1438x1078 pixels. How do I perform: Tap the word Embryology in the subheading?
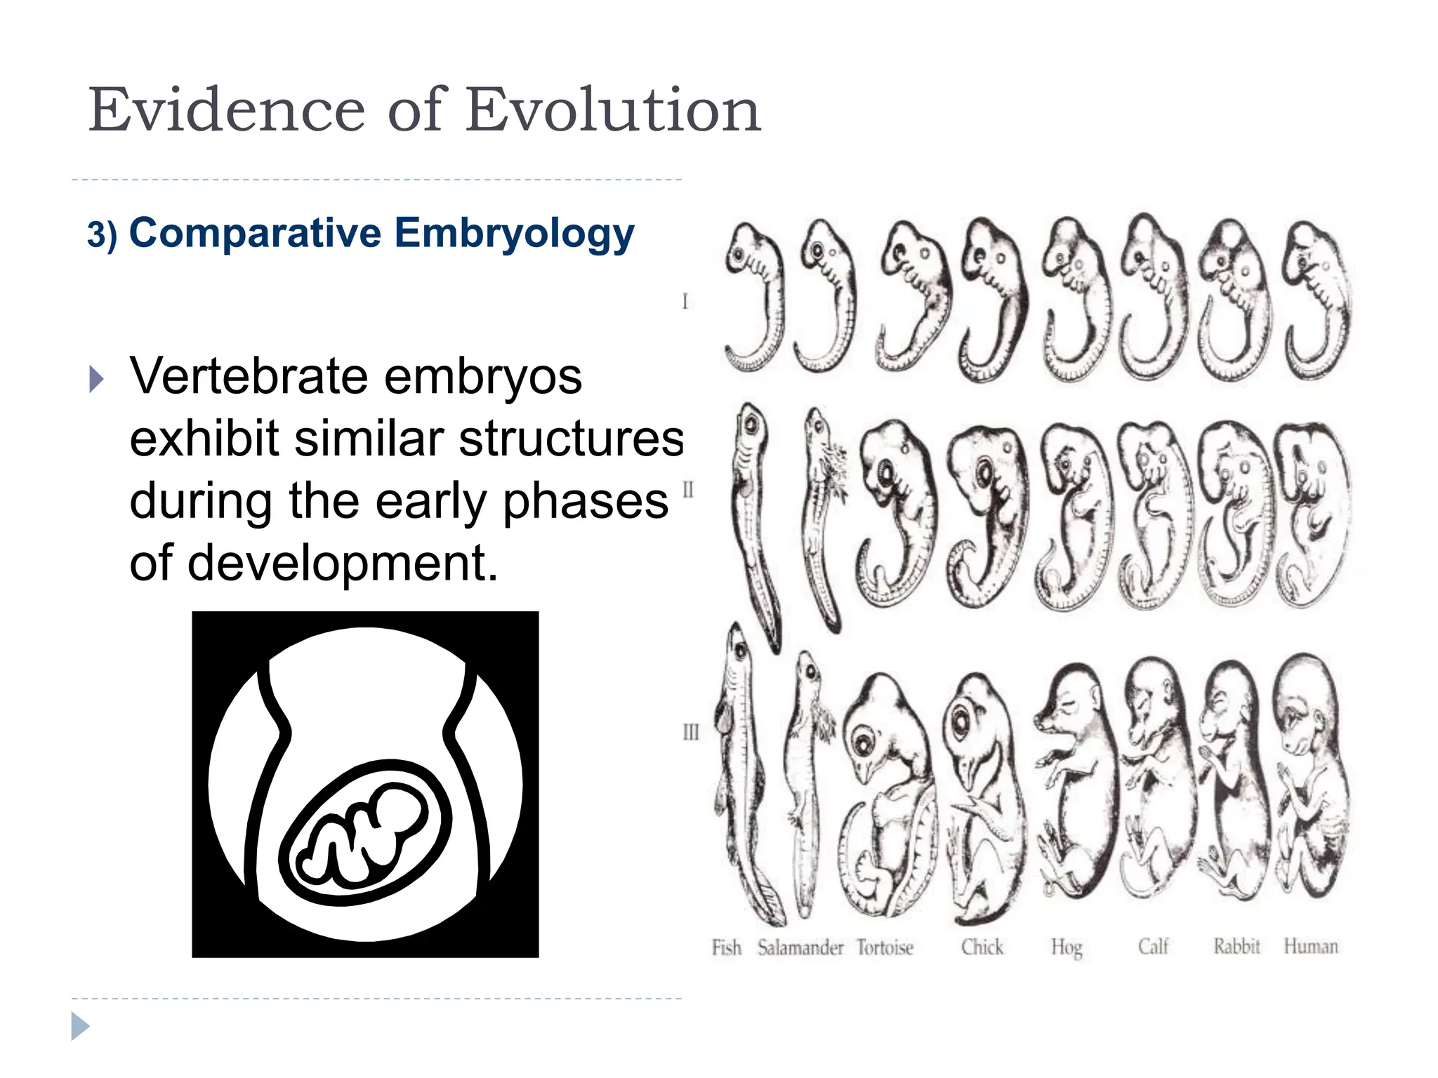(514, 234)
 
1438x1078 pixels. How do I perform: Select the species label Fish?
(726, 947)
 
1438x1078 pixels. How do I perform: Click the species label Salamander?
(800, 947)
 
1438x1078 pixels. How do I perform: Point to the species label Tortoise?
(885, 947)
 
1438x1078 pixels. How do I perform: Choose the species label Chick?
(982, 947)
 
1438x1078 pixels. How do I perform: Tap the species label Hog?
(1067, 947)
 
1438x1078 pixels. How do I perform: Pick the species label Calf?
(1153, 947)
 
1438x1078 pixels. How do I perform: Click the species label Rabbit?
(1236, 946)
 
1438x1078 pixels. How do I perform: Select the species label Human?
(1311, 946)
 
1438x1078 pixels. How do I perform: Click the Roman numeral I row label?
(685, 301)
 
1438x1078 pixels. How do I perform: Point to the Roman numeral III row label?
(691, 732)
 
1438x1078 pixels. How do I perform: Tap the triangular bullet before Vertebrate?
(97, 379)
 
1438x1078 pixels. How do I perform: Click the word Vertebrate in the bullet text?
(250, 377)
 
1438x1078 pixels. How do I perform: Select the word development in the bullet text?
(343, 564)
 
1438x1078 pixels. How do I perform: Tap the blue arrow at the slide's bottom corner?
(80, 1026)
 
